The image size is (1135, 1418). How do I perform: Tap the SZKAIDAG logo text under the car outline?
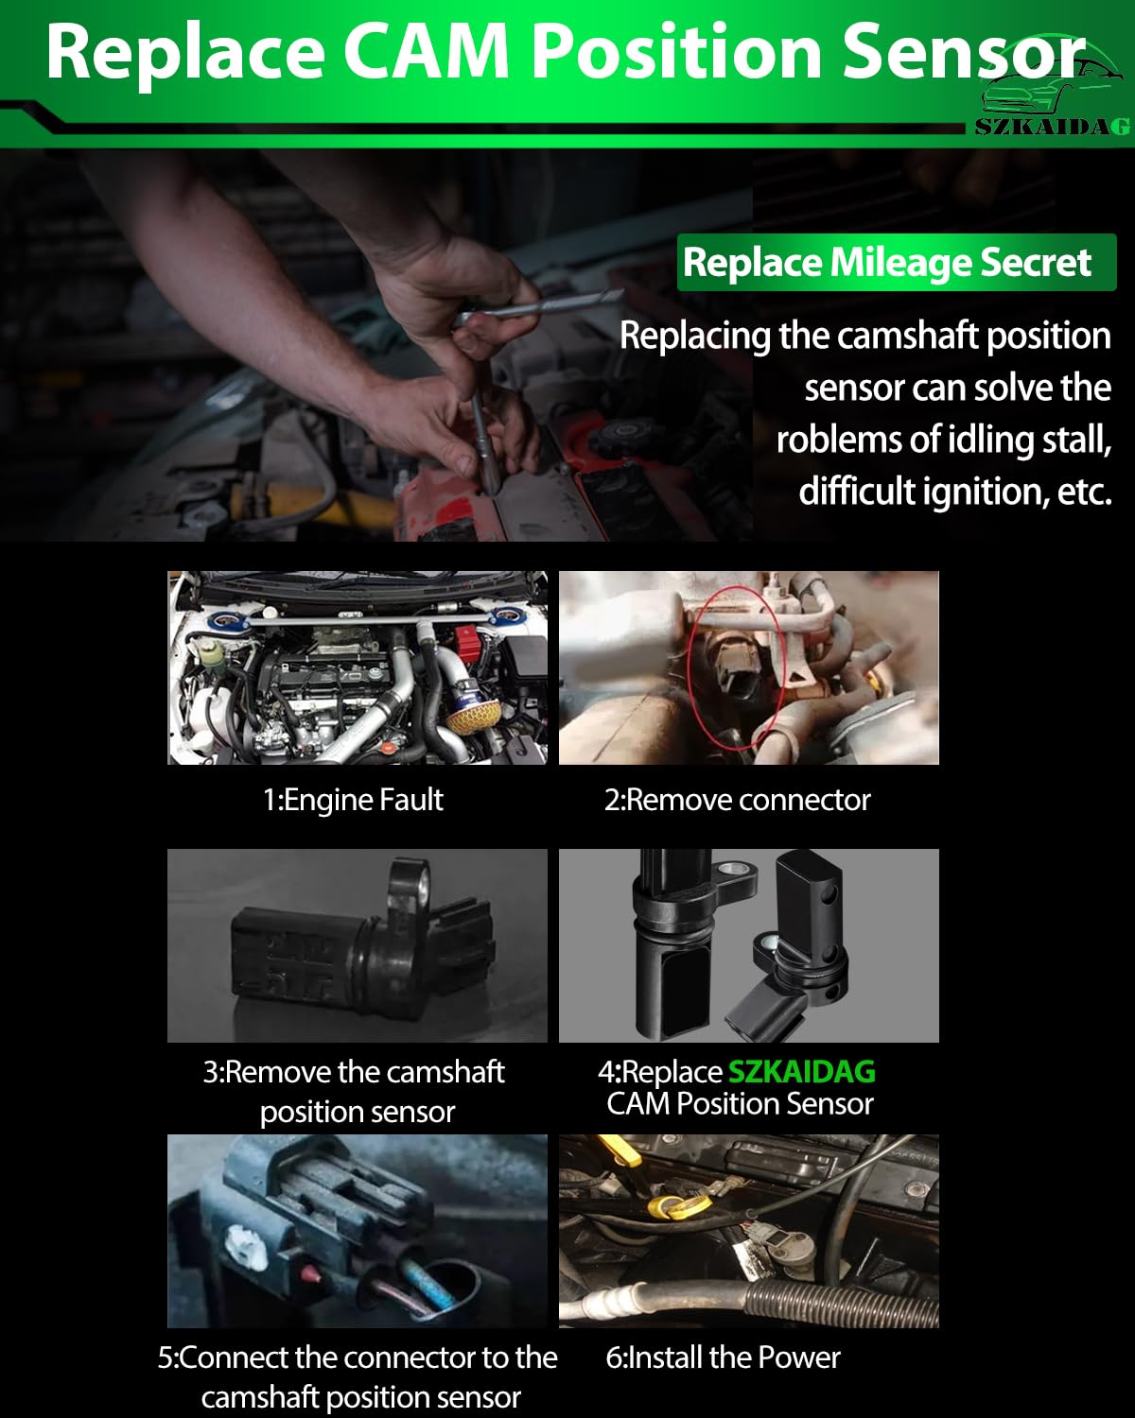(1053, 126)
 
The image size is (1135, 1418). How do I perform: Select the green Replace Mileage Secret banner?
(897, 262)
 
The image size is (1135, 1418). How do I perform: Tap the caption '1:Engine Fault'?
(353, 801)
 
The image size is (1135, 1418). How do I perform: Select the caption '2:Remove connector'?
(738, 801)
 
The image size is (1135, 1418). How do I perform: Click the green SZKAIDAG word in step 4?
(801, 1071)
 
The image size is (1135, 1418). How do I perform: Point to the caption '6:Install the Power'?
(723, 1357)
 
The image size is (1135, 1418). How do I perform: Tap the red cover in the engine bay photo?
(467, 644)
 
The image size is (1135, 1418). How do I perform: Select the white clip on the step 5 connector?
(245, 1250)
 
